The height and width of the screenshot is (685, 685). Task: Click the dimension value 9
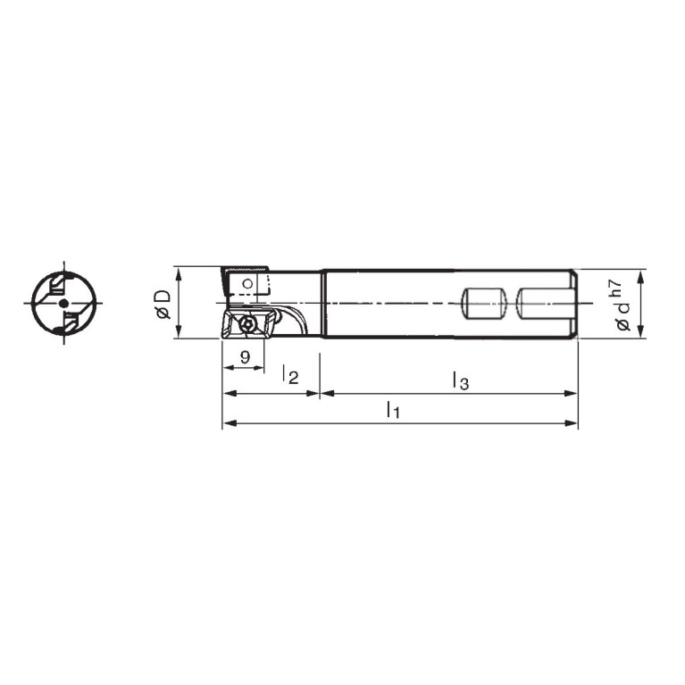pos(245,357)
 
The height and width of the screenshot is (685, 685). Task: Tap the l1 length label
pos(393,410)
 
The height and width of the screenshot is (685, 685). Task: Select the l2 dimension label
pos(290,375)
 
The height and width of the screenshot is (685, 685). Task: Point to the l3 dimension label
pos(461,380)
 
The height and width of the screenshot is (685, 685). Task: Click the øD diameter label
pos(163,305)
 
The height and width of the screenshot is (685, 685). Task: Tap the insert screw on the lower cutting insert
pos(246,324)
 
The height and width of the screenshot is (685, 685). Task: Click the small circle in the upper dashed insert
pos(247,284)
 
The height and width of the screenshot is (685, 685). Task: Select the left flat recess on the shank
pos(484,303)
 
